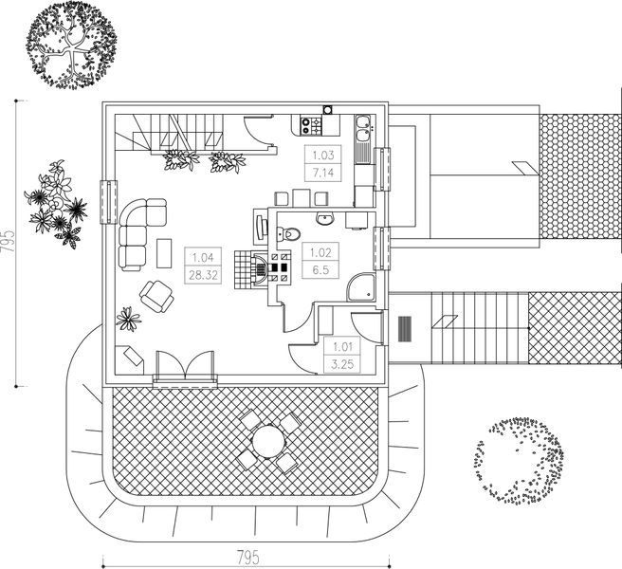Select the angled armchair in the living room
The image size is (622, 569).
point(157,297)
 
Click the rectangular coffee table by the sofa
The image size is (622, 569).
point(163,252)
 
